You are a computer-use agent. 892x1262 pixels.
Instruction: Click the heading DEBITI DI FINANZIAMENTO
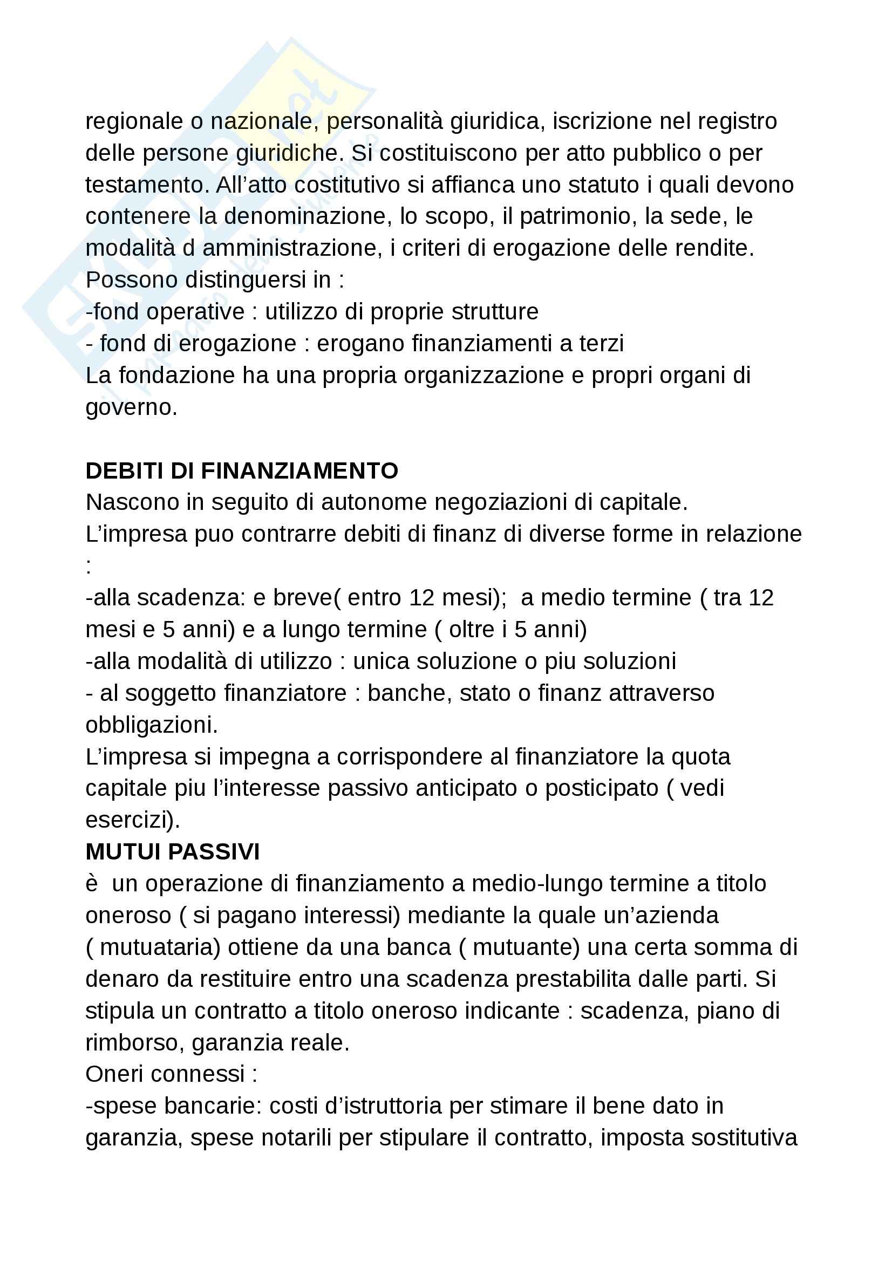(x=242, y=470)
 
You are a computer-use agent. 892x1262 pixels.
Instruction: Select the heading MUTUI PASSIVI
(x=173, y=851)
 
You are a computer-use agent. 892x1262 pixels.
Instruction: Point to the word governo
(x=130, y=408)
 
